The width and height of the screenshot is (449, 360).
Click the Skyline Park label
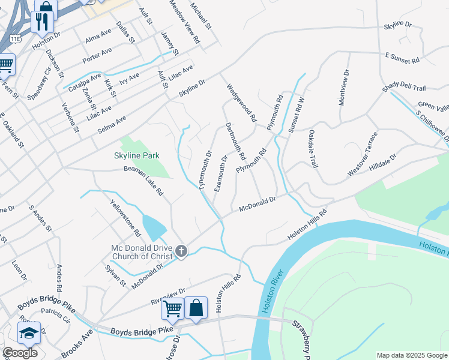tap(137, 155)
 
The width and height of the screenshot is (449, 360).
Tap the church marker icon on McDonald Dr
tap(182, 251)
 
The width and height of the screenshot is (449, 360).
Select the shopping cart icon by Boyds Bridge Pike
tap(172, 309)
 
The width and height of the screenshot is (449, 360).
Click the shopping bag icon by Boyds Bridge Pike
tap(196, 308)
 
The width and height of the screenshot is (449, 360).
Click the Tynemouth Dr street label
tap(206, 170)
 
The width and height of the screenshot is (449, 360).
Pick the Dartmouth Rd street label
tap(235, 142)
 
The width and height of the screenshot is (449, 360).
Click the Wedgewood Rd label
tap(241, 102)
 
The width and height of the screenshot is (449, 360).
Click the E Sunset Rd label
tap(402, 60)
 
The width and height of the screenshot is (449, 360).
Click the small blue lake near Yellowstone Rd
tap(154, 227)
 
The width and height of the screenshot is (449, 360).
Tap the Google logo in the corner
tap(20, 353)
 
